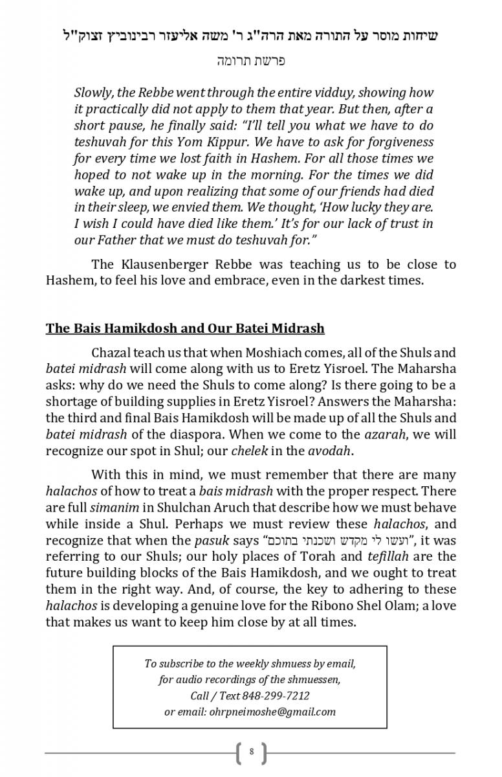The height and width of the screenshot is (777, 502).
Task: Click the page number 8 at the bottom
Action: [x=251, y=753]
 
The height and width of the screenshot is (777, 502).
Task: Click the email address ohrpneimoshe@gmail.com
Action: [x=272, y=712]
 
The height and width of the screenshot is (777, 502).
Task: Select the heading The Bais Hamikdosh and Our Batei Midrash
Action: [x=185, y=328]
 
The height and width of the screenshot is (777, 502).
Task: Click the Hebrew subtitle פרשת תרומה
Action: [x=251, y=61]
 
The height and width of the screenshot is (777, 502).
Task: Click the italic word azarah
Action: [x=367, y=434]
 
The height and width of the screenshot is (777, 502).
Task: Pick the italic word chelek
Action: [x=250, y=451]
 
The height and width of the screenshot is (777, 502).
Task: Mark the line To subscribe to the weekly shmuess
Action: [x=250, y=664]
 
